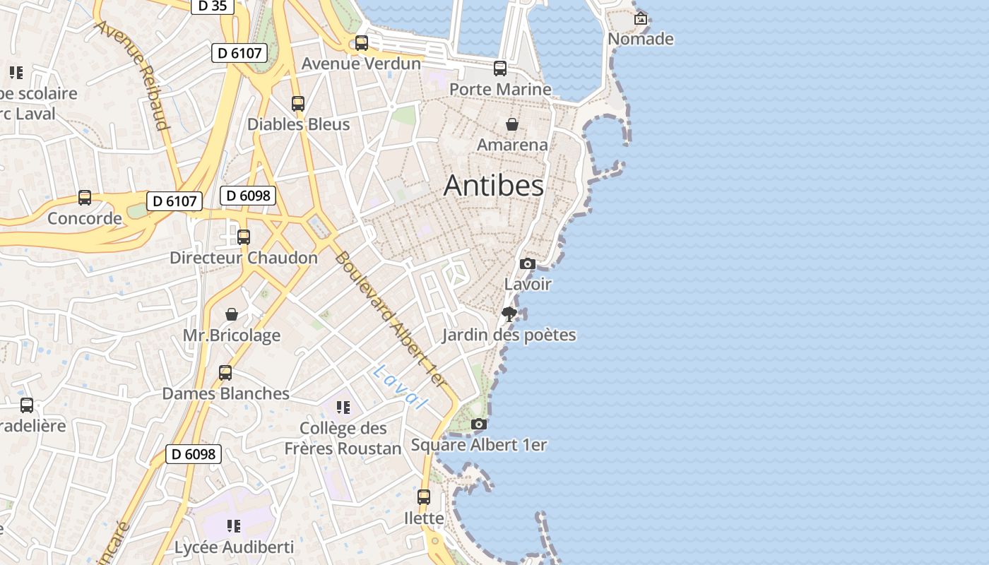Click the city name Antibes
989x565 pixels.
(x=494, y=185)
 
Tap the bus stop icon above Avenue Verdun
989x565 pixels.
(x=362, y=43)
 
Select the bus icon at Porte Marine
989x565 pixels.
(x=500, y=69)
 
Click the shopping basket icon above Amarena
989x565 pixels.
(x=512, y=125)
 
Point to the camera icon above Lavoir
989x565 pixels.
(x=527, y=264)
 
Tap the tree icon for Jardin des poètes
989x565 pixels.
(x=509, y=314)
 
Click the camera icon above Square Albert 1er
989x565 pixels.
(x=478, y=424)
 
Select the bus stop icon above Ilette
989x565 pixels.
(x=424, y=497)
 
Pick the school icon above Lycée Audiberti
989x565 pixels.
(x=234, y=526)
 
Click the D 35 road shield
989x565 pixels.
(x=212, y=6)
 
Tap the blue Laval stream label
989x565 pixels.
(x=401, y=387)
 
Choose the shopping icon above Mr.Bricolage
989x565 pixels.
(x=232, y=314)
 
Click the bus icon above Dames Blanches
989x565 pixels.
(x=225, y=373)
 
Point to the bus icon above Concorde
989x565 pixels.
(x=85, y=198)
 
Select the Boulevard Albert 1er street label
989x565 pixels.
(x=390, y=319)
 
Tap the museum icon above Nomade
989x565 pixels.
(x=641, y=19)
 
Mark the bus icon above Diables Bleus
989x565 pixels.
(x=298, y=104)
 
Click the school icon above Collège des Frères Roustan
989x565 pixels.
(x=343, y=408)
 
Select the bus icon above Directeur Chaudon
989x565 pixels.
(x=244, y=237)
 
